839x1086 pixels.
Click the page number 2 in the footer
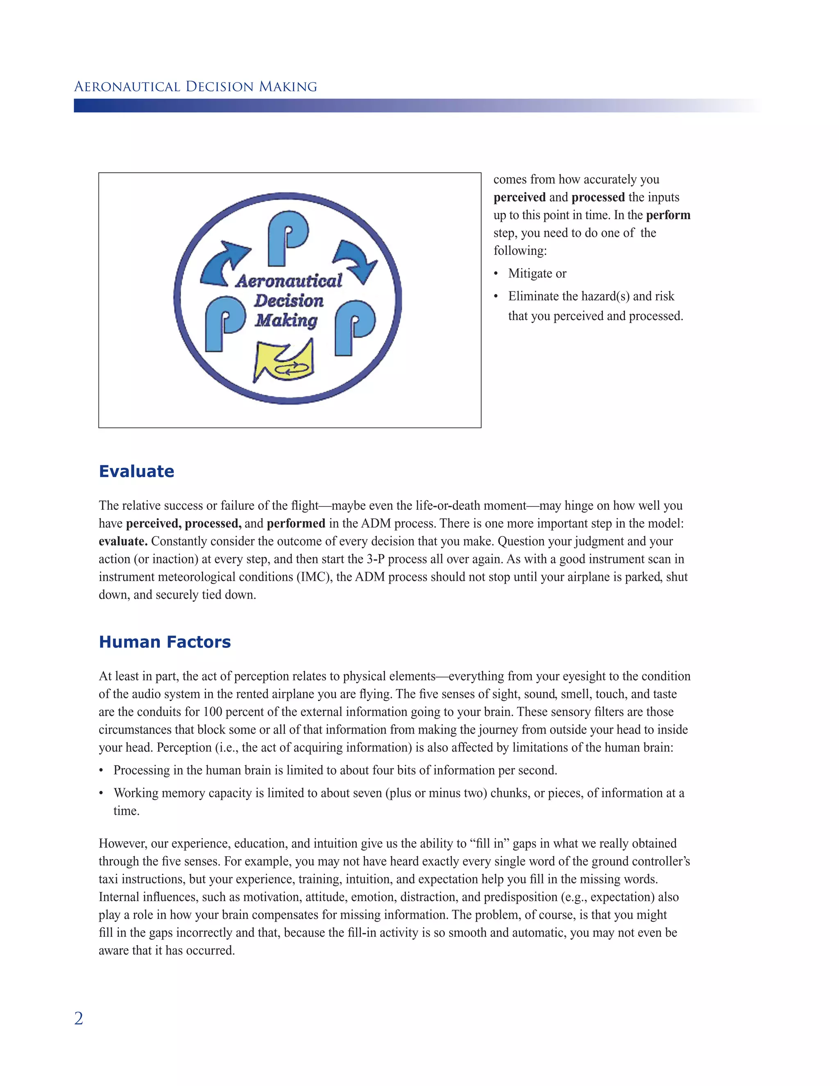79,1018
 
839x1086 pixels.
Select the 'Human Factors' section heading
165,642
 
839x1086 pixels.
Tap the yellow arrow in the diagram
284,361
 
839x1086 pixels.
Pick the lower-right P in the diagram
354,327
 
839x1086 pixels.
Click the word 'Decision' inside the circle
289,301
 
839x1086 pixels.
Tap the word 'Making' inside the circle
286,320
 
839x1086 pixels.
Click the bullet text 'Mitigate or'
537,273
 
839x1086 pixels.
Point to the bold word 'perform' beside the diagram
668,215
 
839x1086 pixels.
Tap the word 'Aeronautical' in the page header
126,87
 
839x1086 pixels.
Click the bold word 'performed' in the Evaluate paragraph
296,524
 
